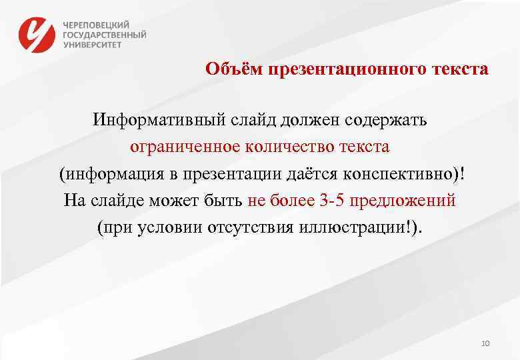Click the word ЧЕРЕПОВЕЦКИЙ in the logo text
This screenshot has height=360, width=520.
97,23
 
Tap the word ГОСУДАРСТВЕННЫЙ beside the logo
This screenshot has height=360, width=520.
105,35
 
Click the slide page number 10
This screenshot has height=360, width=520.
485,343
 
